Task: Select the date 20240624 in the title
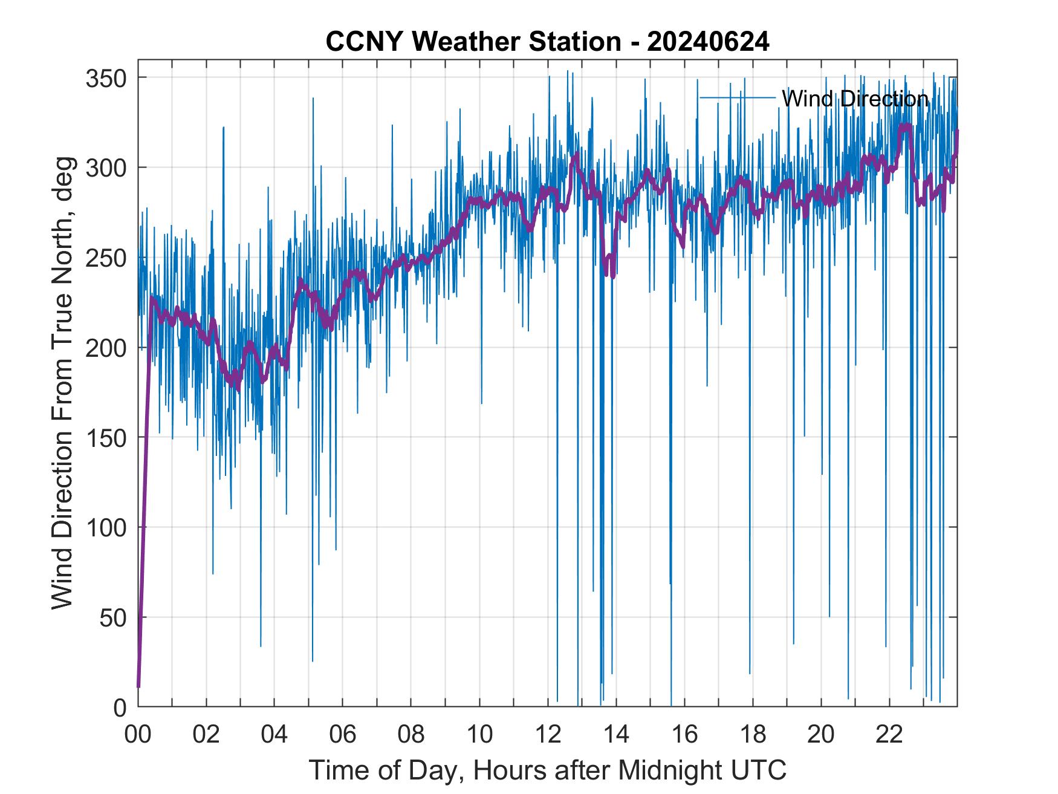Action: tap(708, 42)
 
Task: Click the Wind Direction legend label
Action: tap(855, 98)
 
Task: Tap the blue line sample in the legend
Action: tap(737, 97)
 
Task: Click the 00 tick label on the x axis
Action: tap(138, 735)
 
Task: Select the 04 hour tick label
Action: tap(274, 735)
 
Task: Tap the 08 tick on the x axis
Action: tap(411, 735)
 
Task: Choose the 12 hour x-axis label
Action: tap(548, 735)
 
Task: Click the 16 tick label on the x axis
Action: tap(684, 735)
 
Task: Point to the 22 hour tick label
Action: tap(889, 735)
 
